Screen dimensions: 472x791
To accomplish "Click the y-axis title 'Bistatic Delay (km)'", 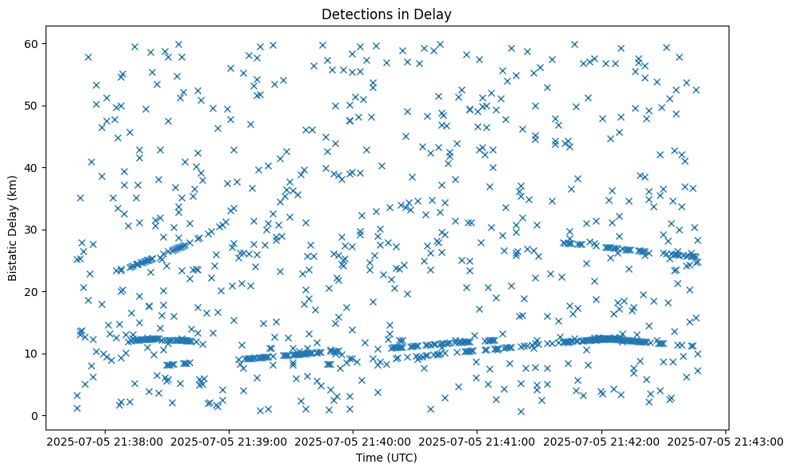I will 13,226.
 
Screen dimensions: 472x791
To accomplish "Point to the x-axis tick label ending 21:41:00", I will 477,441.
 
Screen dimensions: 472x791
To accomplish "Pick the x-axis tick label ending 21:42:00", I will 601,441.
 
